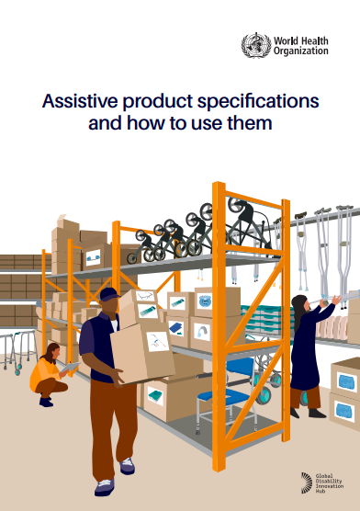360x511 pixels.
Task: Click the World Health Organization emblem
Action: click(x=253, y=45)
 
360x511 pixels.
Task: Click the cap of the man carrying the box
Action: click(x=108, y=294)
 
